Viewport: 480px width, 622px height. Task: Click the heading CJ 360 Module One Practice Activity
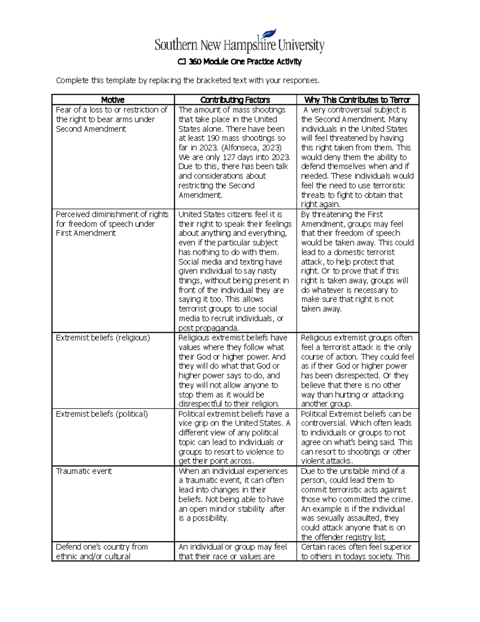coord(239,62)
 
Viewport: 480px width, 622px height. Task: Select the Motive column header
coord(112,100)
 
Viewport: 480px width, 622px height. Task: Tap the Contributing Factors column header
coord(235,100)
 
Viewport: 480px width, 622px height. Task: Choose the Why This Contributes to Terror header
coord(357,100)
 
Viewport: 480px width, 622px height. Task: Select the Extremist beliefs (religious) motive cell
coord(103,338)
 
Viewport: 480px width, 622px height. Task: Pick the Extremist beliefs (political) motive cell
coord(102,414)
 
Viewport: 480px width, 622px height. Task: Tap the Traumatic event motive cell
coord(84,471)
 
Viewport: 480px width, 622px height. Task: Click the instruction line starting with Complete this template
coord(188,81)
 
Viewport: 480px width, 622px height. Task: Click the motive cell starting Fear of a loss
coord(111,119)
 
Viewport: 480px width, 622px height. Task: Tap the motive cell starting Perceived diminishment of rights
coord(112,224)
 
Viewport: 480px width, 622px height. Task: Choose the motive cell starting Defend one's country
coord(102,552)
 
